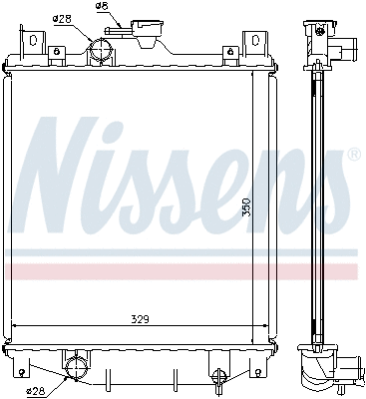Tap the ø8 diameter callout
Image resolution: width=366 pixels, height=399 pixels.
coord(101,6)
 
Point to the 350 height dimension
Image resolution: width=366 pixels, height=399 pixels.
coord(245,206)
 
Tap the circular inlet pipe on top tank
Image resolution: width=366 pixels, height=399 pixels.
coord(100,49)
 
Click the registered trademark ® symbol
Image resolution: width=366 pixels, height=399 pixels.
coord(353,154)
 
